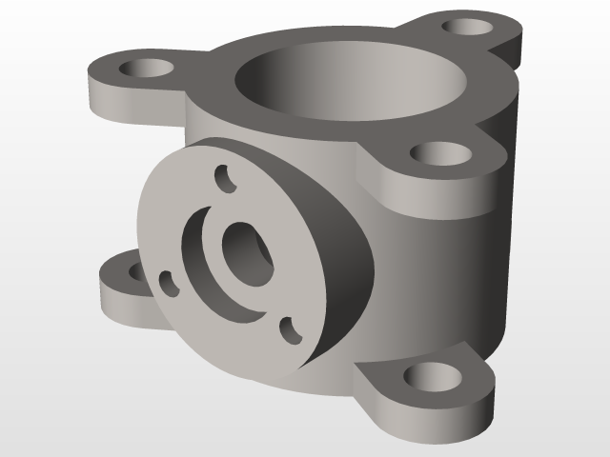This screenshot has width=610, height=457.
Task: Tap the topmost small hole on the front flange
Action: point(225,178)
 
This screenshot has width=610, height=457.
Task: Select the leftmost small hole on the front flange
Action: point(168,282)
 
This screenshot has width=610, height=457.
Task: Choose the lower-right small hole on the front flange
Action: point(290,330)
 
